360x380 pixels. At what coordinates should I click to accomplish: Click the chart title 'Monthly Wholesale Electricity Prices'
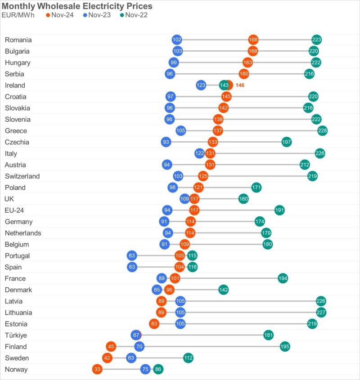click(x=77, y=6)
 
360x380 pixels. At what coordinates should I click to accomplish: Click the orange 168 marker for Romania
click(x=253, y=40)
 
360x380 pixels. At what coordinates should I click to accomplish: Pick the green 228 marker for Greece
click(x=322, y=130)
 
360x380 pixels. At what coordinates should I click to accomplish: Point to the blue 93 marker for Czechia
click(x=166, y=142)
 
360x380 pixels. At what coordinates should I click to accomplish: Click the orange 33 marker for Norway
click(x=97, y=369)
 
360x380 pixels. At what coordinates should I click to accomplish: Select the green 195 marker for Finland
click(x=285, y=346)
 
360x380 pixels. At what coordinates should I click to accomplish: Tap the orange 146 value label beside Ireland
click(x=240, y=85)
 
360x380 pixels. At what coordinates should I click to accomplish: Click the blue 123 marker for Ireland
click(x=201, y=85)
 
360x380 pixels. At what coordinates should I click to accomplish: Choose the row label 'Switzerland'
click(x=22, y=176)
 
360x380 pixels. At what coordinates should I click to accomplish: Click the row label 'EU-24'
click(x=14, y=210)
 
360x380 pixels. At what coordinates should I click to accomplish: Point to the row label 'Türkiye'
click(x=16, y=335)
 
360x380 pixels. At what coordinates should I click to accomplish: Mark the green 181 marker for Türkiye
click(x=269, y=335)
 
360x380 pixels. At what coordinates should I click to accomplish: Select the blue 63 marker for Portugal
click(x=132, y=255)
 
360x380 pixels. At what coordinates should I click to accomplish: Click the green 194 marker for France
click(x=283, y=278)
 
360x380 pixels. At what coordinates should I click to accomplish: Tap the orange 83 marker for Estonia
click(x=154, y=324)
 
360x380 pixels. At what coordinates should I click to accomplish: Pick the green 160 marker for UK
click(x=243, y=199)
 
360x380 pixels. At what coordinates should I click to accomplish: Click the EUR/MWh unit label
click(x=19, y=15)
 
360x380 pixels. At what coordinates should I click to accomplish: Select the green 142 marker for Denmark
click(x=224, y=290)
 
